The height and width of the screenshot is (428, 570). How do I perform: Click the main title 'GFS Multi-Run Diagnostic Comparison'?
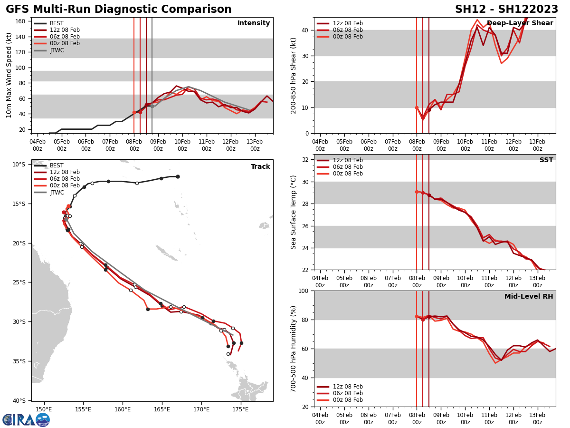pos(119,10)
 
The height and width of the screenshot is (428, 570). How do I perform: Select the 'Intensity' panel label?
pos(254,23)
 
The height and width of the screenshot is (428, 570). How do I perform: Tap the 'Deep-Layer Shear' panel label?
pos(520,23)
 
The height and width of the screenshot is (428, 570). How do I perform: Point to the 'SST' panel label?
pos(546,160)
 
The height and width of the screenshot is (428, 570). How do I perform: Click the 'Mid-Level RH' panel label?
pos(529,297)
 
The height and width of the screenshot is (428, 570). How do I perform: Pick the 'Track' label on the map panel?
pos(260,167)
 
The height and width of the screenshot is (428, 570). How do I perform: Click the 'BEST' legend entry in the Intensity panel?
pos(57,23)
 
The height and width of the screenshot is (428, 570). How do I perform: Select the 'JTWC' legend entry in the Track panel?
pos(57,192)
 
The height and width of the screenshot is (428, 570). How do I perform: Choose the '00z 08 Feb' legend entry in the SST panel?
pos(347,174)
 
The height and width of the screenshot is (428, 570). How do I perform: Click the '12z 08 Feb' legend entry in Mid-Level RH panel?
pos(347,387)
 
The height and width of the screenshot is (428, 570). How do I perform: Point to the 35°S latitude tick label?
pos(19,361)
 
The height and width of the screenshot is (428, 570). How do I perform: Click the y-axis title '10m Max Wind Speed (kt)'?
pos(9,75)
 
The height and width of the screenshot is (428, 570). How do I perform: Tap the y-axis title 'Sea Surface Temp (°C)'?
pos(294,212)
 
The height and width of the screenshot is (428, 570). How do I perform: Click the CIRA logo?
pos(26,419)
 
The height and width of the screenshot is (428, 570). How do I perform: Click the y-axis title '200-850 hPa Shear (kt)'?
pos(294,75)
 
